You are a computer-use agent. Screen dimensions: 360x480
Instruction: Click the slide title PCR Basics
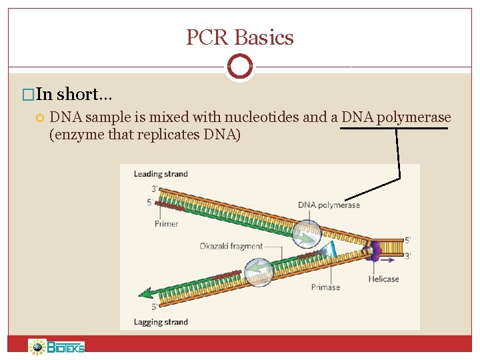point(240,37)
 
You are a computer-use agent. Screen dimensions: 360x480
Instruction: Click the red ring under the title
point(240,67)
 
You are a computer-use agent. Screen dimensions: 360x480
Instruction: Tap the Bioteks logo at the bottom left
point(57,347)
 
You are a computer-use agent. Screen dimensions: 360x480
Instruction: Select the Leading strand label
point(161,174)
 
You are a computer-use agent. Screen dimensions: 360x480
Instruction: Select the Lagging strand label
point(161,322)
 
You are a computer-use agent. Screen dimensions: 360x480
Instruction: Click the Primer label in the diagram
point(166,224)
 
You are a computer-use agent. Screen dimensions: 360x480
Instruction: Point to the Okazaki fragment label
point(231,246)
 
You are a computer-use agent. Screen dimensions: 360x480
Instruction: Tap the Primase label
point(325,287)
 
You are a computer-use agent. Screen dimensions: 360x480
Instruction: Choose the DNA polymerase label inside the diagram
point(329,205)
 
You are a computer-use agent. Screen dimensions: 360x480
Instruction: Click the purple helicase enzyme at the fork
point(373,251)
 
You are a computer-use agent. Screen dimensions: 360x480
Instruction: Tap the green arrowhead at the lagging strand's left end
point(143,293)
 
